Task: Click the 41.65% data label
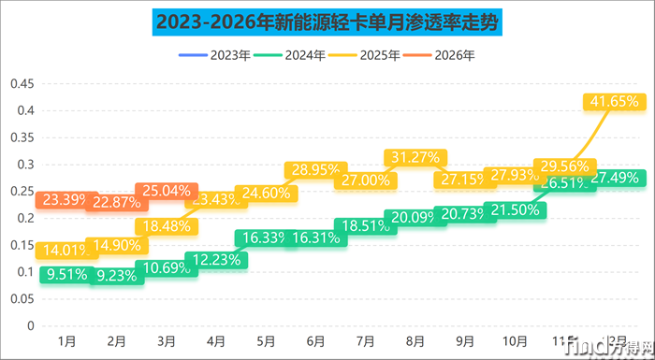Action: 615,100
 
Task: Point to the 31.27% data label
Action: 415,156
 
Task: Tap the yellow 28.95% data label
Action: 315,170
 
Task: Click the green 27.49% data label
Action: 615,178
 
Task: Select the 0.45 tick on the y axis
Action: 22,84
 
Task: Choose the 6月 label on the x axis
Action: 315,340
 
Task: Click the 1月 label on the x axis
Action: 66,340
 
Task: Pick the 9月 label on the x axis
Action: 465,340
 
